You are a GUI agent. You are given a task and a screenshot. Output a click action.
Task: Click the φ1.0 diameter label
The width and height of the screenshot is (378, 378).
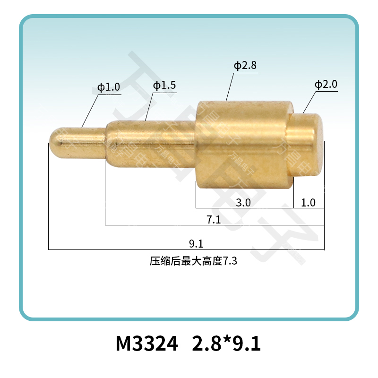point(109,87)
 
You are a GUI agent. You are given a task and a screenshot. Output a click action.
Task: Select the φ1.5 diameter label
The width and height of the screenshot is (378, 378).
point(164,86)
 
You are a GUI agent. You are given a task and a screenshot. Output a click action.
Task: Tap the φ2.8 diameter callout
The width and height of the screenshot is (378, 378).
point(245,66)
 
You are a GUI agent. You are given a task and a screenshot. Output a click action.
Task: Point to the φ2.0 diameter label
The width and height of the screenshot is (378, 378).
point(326,85)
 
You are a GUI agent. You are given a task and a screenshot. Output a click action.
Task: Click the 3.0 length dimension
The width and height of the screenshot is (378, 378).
point(244,203)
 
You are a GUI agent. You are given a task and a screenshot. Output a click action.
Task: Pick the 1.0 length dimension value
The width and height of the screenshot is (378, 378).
point(308,203)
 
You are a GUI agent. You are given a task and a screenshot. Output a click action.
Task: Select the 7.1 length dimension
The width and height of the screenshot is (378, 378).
point(214,220)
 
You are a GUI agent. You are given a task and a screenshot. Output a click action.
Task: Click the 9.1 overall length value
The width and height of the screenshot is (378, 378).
point(196,244)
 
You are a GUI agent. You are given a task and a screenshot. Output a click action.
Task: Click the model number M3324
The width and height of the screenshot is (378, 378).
point(147,344)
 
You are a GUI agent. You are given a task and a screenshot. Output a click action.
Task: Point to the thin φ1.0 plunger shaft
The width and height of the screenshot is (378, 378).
point(83,137)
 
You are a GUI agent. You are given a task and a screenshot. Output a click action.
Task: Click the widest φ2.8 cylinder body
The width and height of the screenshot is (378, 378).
point(244,144)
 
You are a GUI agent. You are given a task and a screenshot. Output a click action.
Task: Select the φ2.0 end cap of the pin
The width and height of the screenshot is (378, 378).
point(309,144)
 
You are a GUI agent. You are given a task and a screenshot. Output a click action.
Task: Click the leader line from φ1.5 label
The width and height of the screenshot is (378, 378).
point(149,107)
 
